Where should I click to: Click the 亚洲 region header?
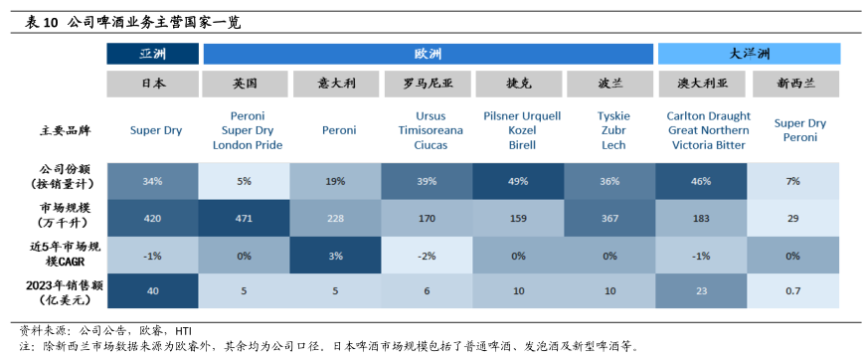click(152, 54)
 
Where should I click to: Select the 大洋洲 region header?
click(749, 54)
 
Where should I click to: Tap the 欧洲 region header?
click(429, 54)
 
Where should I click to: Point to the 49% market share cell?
click(519, 181)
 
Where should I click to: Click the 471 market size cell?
click(244, 218)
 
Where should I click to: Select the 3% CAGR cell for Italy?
click(335, 256)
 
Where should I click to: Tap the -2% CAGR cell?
click(428, 256)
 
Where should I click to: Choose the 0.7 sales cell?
click(793, 291)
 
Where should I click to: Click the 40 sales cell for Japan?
click(152, 291)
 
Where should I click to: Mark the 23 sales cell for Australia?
click(701, 291)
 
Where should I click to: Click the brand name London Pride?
click(248, 145)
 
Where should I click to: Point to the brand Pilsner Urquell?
click(522, 116)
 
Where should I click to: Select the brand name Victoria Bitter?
click(709, 145)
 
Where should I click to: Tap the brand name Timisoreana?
click(431, 131)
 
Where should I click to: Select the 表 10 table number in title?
click(42, 23)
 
